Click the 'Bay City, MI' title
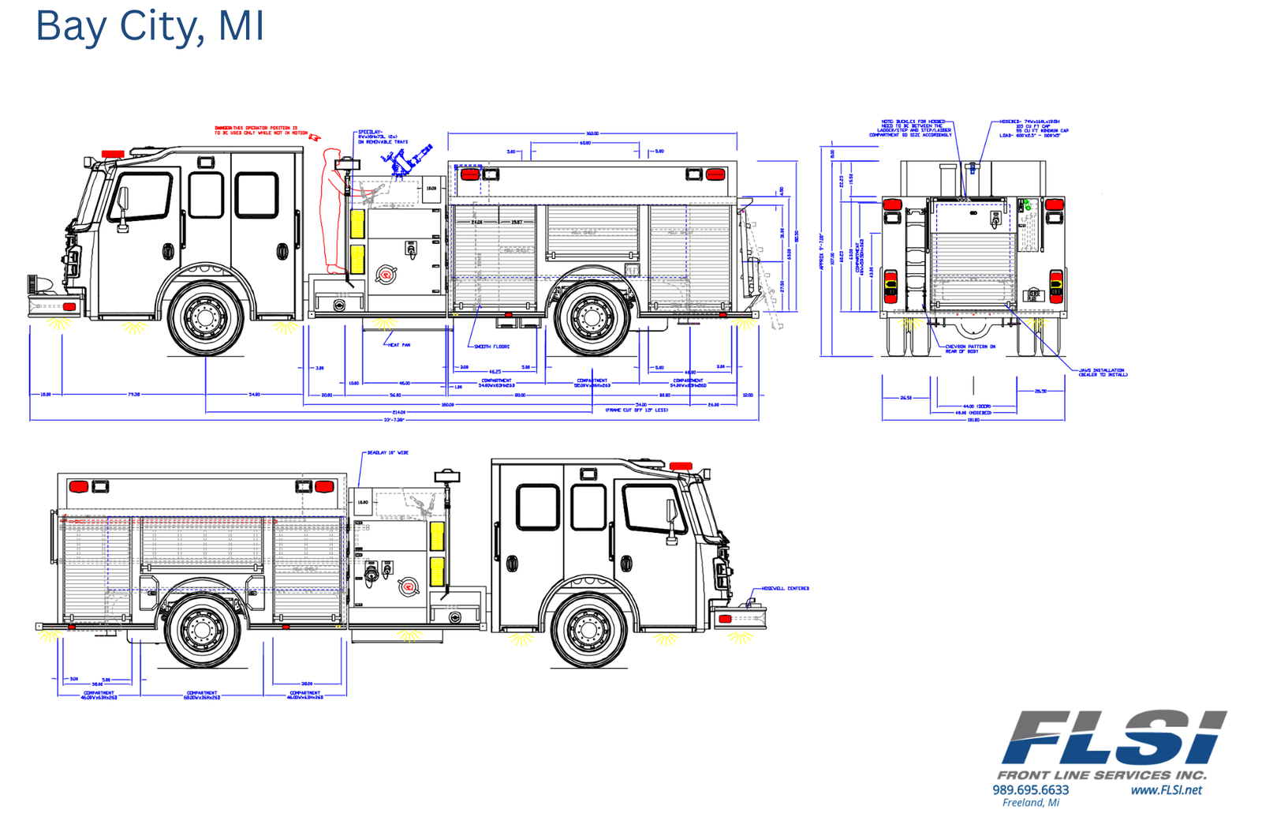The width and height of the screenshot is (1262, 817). (x=150, y=26)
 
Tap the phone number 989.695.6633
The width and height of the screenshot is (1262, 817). (x=1030, y=790)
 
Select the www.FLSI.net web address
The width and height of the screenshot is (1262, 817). (x=1166, y=790)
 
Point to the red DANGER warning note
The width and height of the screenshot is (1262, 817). (x=260, y=130)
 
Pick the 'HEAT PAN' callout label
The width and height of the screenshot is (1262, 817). (x=398, y=345)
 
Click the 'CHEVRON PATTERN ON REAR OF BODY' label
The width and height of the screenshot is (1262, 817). (x=970, y=348)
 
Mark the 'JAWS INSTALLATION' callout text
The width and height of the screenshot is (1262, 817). (x=1103, y=372)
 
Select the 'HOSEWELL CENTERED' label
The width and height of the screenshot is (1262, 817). (x=785, y=588)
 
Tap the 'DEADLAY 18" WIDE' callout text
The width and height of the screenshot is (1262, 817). (x=387, y=453)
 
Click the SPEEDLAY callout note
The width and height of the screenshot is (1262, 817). (x=383, y=137)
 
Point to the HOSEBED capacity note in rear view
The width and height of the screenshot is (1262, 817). (x=1033, y=128)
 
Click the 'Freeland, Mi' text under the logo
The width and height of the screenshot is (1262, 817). (x=1030, y=804)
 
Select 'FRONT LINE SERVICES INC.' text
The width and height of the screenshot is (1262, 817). (x=1101, y=775)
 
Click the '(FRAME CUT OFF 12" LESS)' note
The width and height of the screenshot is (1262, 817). (x=637, y=410)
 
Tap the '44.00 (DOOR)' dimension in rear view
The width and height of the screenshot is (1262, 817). (x=976, y=406)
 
